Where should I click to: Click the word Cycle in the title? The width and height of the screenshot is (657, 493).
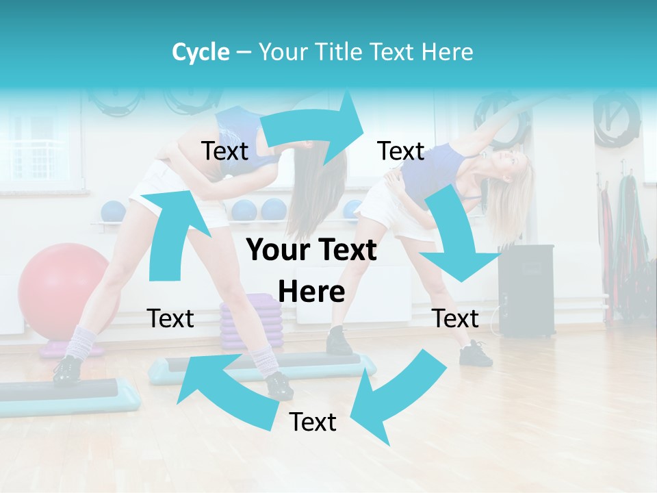point(201,52)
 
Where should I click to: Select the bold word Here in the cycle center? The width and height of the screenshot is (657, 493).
point(311,292)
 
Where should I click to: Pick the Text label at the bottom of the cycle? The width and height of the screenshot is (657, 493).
point(313,422)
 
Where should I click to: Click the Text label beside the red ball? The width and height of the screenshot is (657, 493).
point(170,318)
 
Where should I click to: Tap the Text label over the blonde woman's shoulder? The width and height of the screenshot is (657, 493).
point(401,151)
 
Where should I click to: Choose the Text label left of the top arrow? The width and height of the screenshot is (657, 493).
point(224,151)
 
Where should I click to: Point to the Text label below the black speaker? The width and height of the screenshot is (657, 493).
point(456,318)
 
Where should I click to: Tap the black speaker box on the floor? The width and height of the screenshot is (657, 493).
point(526,290)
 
